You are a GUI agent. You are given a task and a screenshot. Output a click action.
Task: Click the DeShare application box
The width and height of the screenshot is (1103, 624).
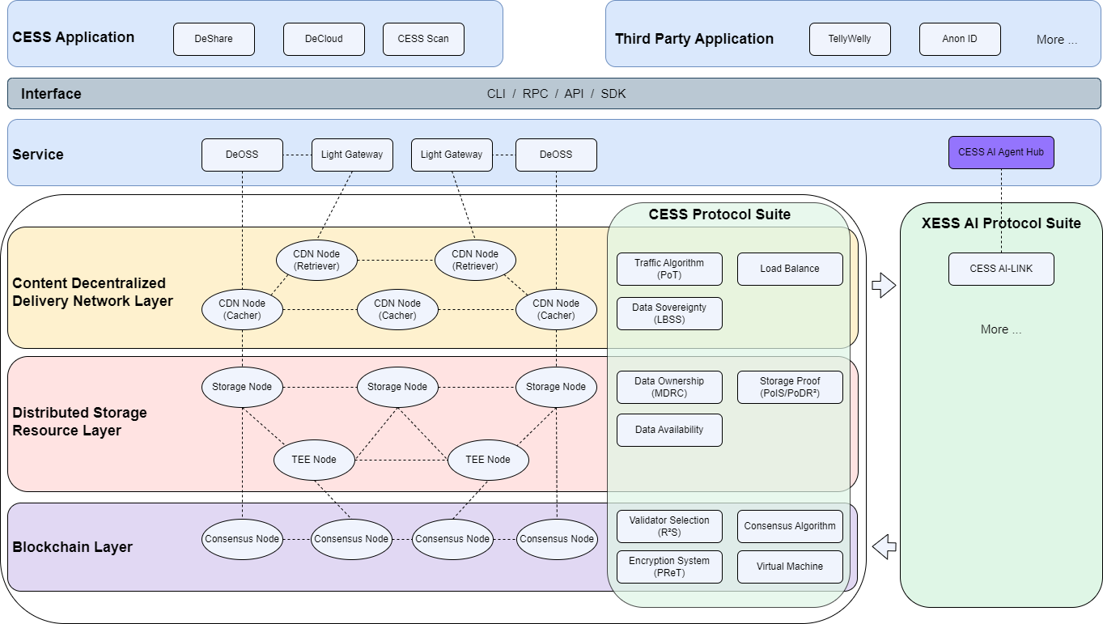coord(214,39)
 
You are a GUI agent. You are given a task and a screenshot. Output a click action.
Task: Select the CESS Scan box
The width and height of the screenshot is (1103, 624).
coord(422,39)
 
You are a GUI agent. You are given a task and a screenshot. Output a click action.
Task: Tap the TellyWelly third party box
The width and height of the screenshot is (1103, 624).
coord(850,39)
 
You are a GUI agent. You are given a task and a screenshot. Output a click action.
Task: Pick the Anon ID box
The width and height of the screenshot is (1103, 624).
coord(960,39)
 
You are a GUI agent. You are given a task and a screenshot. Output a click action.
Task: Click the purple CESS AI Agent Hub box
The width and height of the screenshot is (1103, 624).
coord(1001,152)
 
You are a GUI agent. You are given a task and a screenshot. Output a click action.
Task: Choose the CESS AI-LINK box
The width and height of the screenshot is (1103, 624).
coord(1001,269)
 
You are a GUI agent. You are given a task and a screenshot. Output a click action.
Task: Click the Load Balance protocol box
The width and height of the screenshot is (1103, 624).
coord(790,269)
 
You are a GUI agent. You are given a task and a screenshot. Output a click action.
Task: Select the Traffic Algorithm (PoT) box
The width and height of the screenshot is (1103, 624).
coord(669,269)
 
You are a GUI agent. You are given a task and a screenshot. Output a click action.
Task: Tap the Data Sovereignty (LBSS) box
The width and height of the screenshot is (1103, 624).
coord(669,313)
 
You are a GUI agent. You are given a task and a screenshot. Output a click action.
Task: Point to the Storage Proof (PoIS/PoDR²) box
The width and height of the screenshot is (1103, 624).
coord(790,387)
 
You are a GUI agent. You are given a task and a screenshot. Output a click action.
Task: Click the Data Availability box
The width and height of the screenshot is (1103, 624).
coord(669,430)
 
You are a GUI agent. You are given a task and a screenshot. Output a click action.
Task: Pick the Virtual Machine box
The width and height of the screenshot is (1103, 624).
coord(790,567)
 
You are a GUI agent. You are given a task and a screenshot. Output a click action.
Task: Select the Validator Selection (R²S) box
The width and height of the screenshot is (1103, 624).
coord(669,526)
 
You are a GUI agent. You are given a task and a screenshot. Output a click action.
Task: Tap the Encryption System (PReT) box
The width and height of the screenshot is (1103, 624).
coord(669,567)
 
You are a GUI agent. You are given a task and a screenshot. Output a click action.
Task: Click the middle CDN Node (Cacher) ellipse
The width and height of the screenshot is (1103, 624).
coord(397,309)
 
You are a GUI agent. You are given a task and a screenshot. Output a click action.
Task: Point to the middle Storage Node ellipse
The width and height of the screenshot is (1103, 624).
coord(397,387)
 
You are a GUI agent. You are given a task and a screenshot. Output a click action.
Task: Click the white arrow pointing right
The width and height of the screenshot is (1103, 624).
coord(885,285)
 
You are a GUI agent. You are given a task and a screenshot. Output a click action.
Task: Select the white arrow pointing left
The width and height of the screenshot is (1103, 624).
coord(885,547)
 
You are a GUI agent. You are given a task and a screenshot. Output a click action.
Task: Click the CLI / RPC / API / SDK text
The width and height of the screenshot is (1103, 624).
coord(556,94)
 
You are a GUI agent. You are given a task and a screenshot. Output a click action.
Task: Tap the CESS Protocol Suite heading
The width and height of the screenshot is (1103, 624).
coord(719,214)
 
